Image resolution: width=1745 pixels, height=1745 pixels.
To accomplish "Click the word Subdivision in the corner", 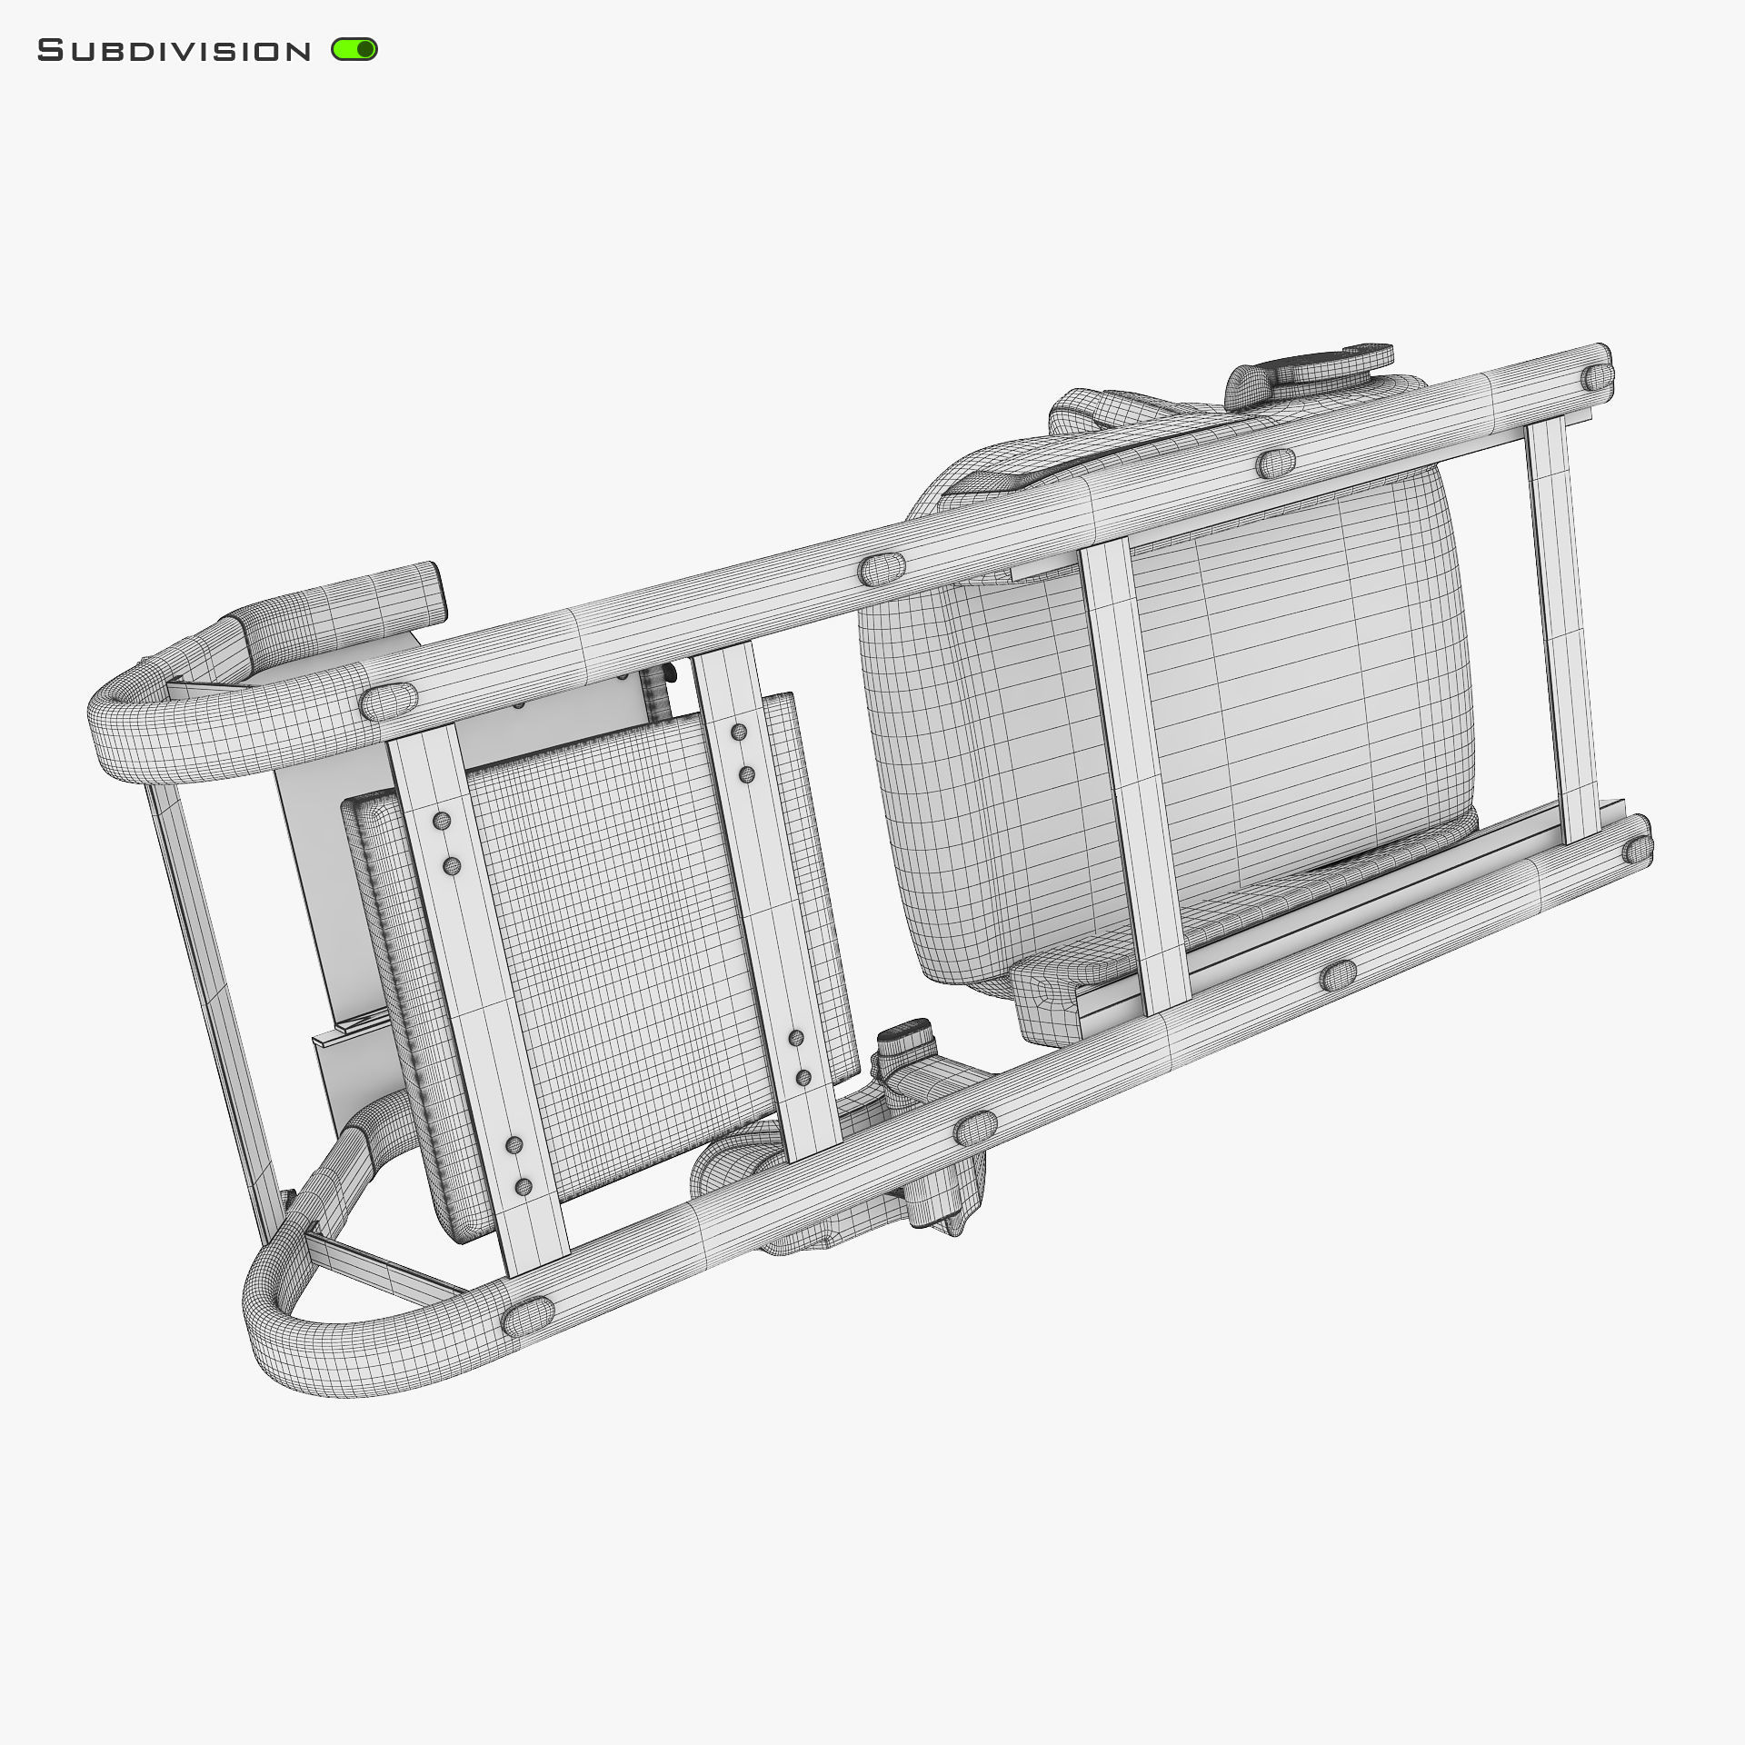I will tap(174, 51).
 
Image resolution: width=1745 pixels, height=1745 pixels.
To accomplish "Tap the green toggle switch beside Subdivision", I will tap(354, 50).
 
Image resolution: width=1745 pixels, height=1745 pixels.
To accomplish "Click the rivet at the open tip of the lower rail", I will tap(1637, 850).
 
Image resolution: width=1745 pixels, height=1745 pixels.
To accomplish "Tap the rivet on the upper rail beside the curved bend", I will tap(389, 701).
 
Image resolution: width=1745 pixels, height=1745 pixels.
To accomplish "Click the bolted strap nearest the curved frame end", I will tap(477, 1000).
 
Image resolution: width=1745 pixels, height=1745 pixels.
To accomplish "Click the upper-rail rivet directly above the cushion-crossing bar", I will tap(1275, 464).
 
